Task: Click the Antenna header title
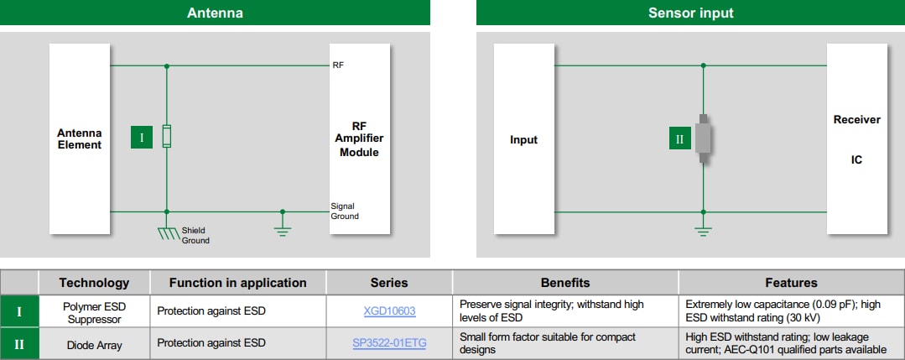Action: tap(215, 13)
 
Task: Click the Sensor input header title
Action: tap(690, 13)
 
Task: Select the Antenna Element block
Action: tap(80, 138)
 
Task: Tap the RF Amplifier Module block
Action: tap(359, 138)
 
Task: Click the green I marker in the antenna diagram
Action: tap(142, 138)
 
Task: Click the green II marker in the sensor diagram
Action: tap(679, 139)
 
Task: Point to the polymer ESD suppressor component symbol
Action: tap(167, 136)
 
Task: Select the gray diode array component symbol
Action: tap(704, 138)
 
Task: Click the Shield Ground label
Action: tap(195, 235)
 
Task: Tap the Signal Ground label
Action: tap(344, 211)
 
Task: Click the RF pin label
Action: tap(338, 65)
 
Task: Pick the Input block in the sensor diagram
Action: tap(523, 139)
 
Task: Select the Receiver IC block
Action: tap(856, 138)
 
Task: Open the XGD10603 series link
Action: tap(389, 311)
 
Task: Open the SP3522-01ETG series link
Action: tap(389, 342)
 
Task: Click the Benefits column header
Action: tap(564, 283)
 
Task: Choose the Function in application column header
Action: tap(237, 283)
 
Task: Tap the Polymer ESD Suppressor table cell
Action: tap(94, 311)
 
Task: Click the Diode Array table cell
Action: tap(94, 343)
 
